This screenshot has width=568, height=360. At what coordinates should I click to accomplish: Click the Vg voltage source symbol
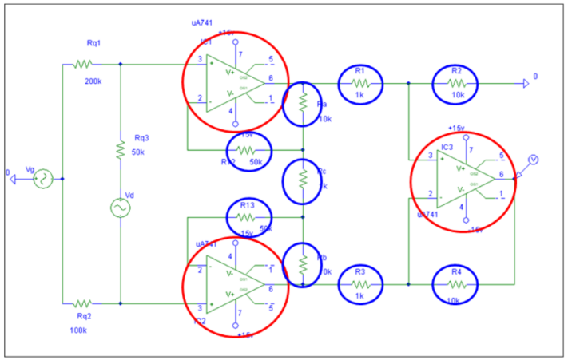pyautogui.click(x=41, y=179)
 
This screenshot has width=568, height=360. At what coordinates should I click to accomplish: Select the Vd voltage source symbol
pyautogui.click(x=120, y=208)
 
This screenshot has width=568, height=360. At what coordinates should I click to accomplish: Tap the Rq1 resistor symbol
pyautogui.click(x=83, y=64)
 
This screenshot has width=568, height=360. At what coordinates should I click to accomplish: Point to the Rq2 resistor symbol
pyautogui.click(x=83, y=303)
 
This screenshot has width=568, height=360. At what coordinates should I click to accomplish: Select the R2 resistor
pyautogui.click(x=456, y=81)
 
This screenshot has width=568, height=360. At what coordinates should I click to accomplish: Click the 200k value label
pyautogui.click(x=94, y=81)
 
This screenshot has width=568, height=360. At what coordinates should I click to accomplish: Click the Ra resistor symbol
pyautogui.click(x=303, y=101)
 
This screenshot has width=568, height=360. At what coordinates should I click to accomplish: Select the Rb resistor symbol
pyautogui.click(x=303, y=263)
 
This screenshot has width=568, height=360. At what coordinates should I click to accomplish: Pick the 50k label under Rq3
pyautogui.click(x=138, y=152)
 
